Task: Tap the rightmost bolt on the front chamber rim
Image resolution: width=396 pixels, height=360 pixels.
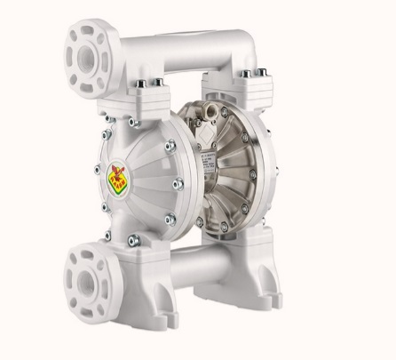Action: pyautogui.click(x=180, y=184)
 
